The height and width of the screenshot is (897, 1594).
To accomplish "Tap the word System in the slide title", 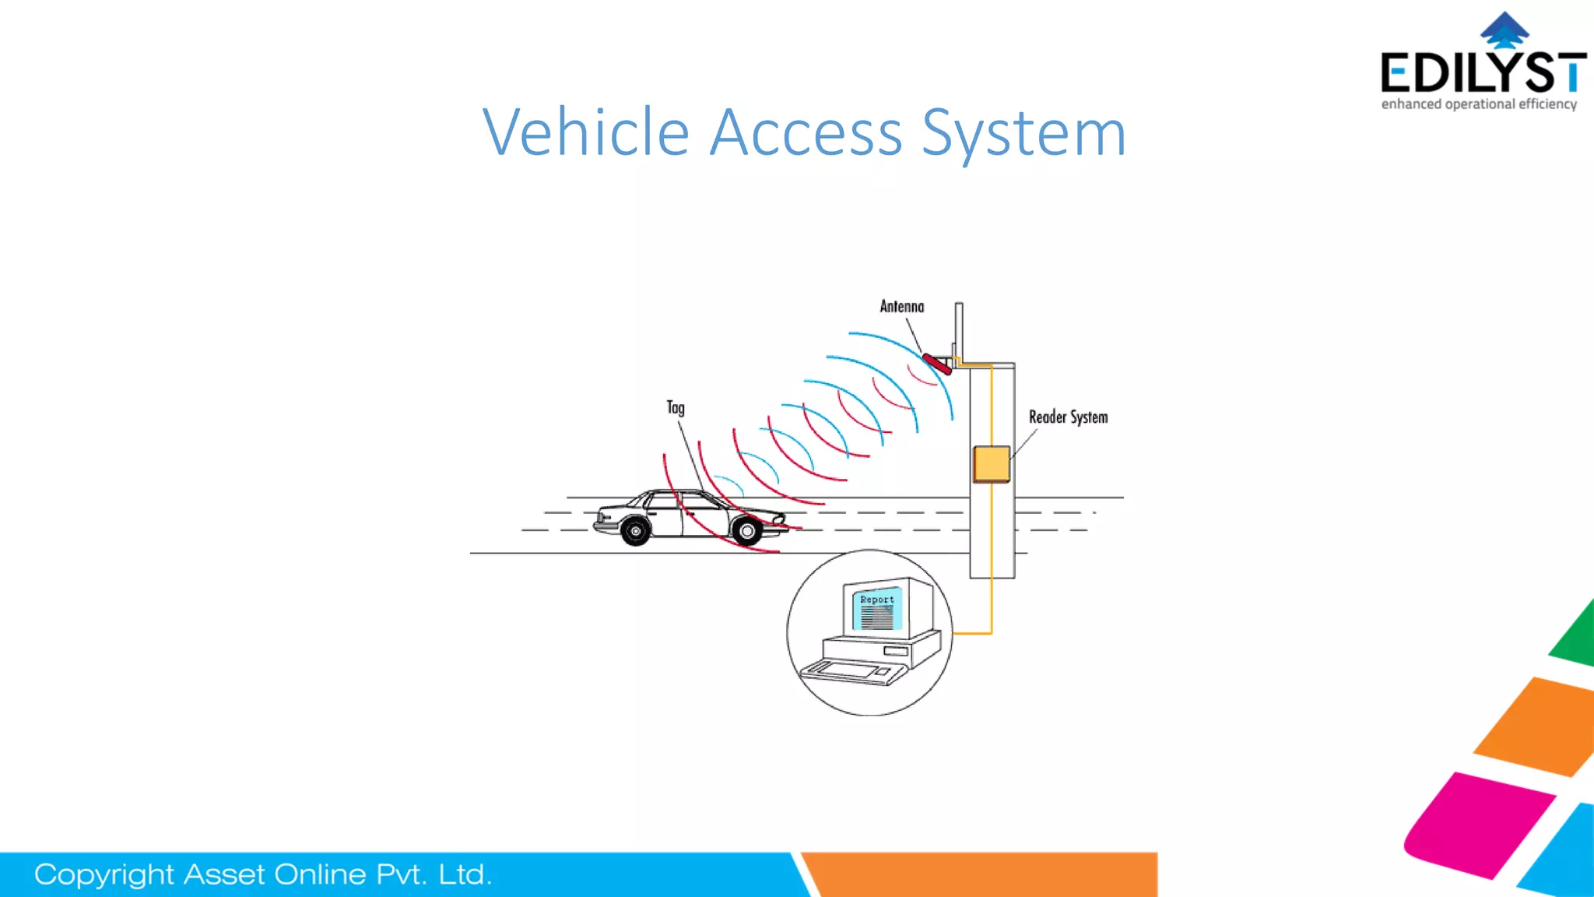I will coord(1023,134).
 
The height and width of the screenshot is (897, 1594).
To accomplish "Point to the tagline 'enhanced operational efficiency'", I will coord(1479,104).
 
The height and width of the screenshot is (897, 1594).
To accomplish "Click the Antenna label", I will coord(901,307).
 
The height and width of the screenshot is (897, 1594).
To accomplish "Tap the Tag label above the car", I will coord(676,408).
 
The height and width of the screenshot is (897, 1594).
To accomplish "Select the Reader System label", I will coord(1068,417).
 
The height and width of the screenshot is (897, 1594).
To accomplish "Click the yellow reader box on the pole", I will coord(991,464).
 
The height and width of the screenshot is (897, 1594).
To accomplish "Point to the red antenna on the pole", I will coord(936,364).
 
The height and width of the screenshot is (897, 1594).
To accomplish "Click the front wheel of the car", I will coord(747,531).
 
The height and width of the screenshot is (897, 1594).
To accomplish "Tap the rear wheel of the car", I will coord(636,531).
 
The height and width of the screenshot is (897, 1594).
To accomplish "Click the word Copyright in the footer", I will coord(104,875).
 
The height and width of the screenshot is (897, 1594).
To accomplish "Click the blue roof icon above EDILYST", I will coord(1504,30).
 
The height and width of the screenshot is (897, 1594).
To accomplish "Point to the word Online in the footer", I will coord(320,875).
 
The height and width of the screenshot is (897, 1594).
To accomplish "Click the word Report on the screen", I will coord(877,600).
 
